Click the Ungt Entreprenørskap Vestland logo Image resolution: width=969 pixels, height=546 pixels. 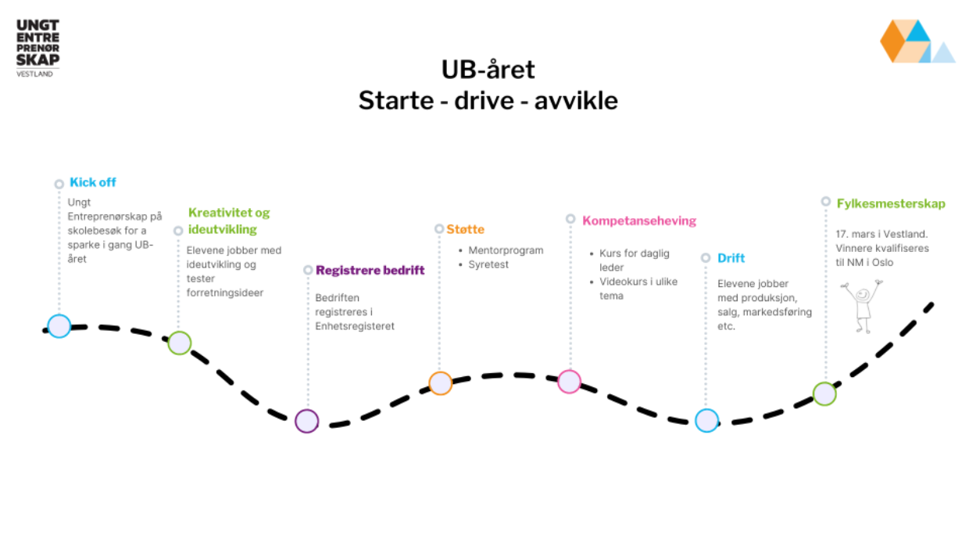click(38, 48)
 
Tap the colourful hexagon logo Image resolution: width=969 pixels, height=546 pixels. click(916, 41)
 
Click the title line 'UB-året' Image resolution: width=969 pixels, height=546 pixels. click(488, 70)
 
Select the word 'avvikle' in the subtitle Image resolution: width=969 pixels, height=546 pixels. click(576, 101)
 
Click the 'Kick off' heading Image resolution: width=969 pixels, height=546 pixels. click(92, 182)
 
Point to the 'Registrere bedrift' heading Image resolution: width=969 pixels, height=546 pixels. click(370, 270)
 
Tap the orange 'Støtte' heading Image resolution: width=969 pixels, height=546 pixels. click(466, 229)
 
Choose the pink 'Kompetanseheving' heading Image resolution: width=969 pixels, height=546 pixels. click(638, 221)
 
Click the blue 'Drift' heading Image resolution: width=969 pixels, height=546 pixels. click(731, 258)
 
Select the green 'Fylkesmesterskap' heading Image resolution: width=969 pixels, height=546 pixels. click(890, 203)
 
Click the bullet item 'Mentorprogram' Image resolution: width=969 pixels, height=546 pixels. click(506, 250)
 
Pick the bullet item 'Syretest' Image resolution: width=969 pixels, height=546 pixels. click(488, 265)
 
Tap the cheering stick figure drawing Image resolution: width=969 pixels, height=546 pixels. click(862, 306)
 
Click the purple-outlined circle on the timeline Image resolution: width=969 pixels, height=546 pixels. click(307, 422)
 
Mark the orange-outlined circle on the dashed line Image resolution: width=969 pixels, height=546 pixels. click(441, 383)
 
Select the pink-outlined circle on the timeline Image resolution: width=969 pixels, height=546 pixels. click(570, 382)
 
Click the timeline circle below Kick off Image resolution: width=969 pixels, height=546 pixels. click(59, 326)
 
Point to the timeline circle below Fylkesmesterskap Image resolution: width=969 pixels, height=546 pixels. click(824, 393)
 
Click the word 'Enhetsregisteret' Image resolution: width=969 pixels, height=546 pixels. click(355, 326)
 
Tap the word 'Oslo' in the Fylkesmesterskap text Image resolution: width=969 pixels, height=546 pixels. click(881, 263)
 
